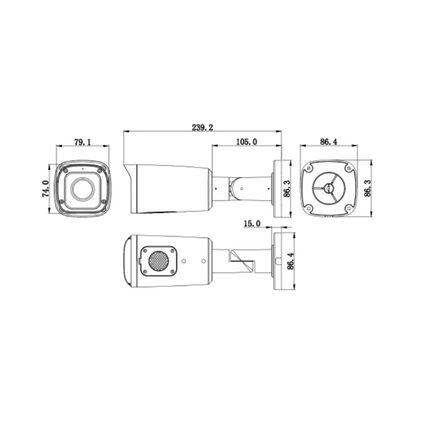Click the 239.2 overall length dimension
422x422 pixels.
click(202, 127)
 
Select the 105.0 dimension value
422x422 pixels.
click(246, 142)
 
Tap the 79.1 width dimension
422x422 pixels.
click(83, 142)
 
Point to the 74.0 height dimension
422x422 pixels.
click(45, 189)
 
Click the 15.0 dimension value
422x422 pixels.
click(252, 223)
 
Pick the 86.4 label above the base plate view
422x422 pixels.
click(329, 142)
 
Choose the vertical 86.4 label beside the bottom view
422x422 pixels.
click(291, 261)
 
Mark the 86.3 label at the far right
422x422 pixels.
click(367, 188)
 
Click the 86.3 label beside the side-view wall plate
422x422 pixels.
click(287, 188)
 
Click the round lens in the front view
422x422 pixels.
click(82, 189)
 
